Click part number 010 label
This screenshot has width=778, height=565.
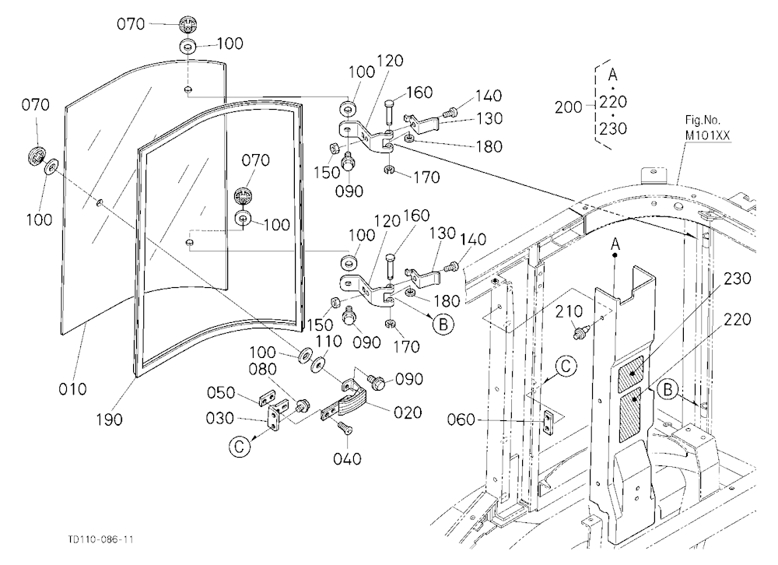(x=73, y=389)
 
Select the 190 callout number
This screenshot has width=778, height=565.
(x=109, y=419)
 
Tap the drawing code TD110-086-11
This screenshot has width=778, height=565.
(x=100, y=539)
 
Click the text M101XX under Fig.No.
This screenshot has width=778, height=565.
(x=707, y=135)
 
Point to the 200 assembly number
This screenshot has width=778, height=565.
(x=569, y=107)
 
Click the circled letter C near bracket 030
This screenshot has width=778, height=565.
(x=239, y=447)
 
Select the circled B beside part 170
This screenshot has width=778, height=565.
(x=443, y=325)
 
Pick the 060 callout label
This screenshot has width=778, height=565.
(x=461, y=420)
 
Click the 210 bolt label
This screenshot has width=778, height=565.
(x=569, y=311)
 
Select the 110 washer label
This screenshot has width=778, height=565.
(x=329, y=342)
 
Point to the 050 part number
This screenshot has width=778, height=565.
(x=221, y=393)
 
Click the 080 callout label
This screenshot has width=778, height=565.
(x=264, y=369)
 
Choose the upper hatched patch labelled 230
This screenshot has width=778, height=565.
(x=631, y=372)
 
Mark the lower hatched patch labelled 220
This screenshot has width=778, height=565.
(x=631, y=415)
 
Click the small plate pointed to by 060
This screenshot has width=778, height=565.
(x=548, y=422)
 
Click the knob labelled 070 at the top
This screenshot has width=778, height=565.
(x=187, y=23)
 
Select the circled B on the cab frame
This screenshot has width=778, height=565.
(x=668, y=390)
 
